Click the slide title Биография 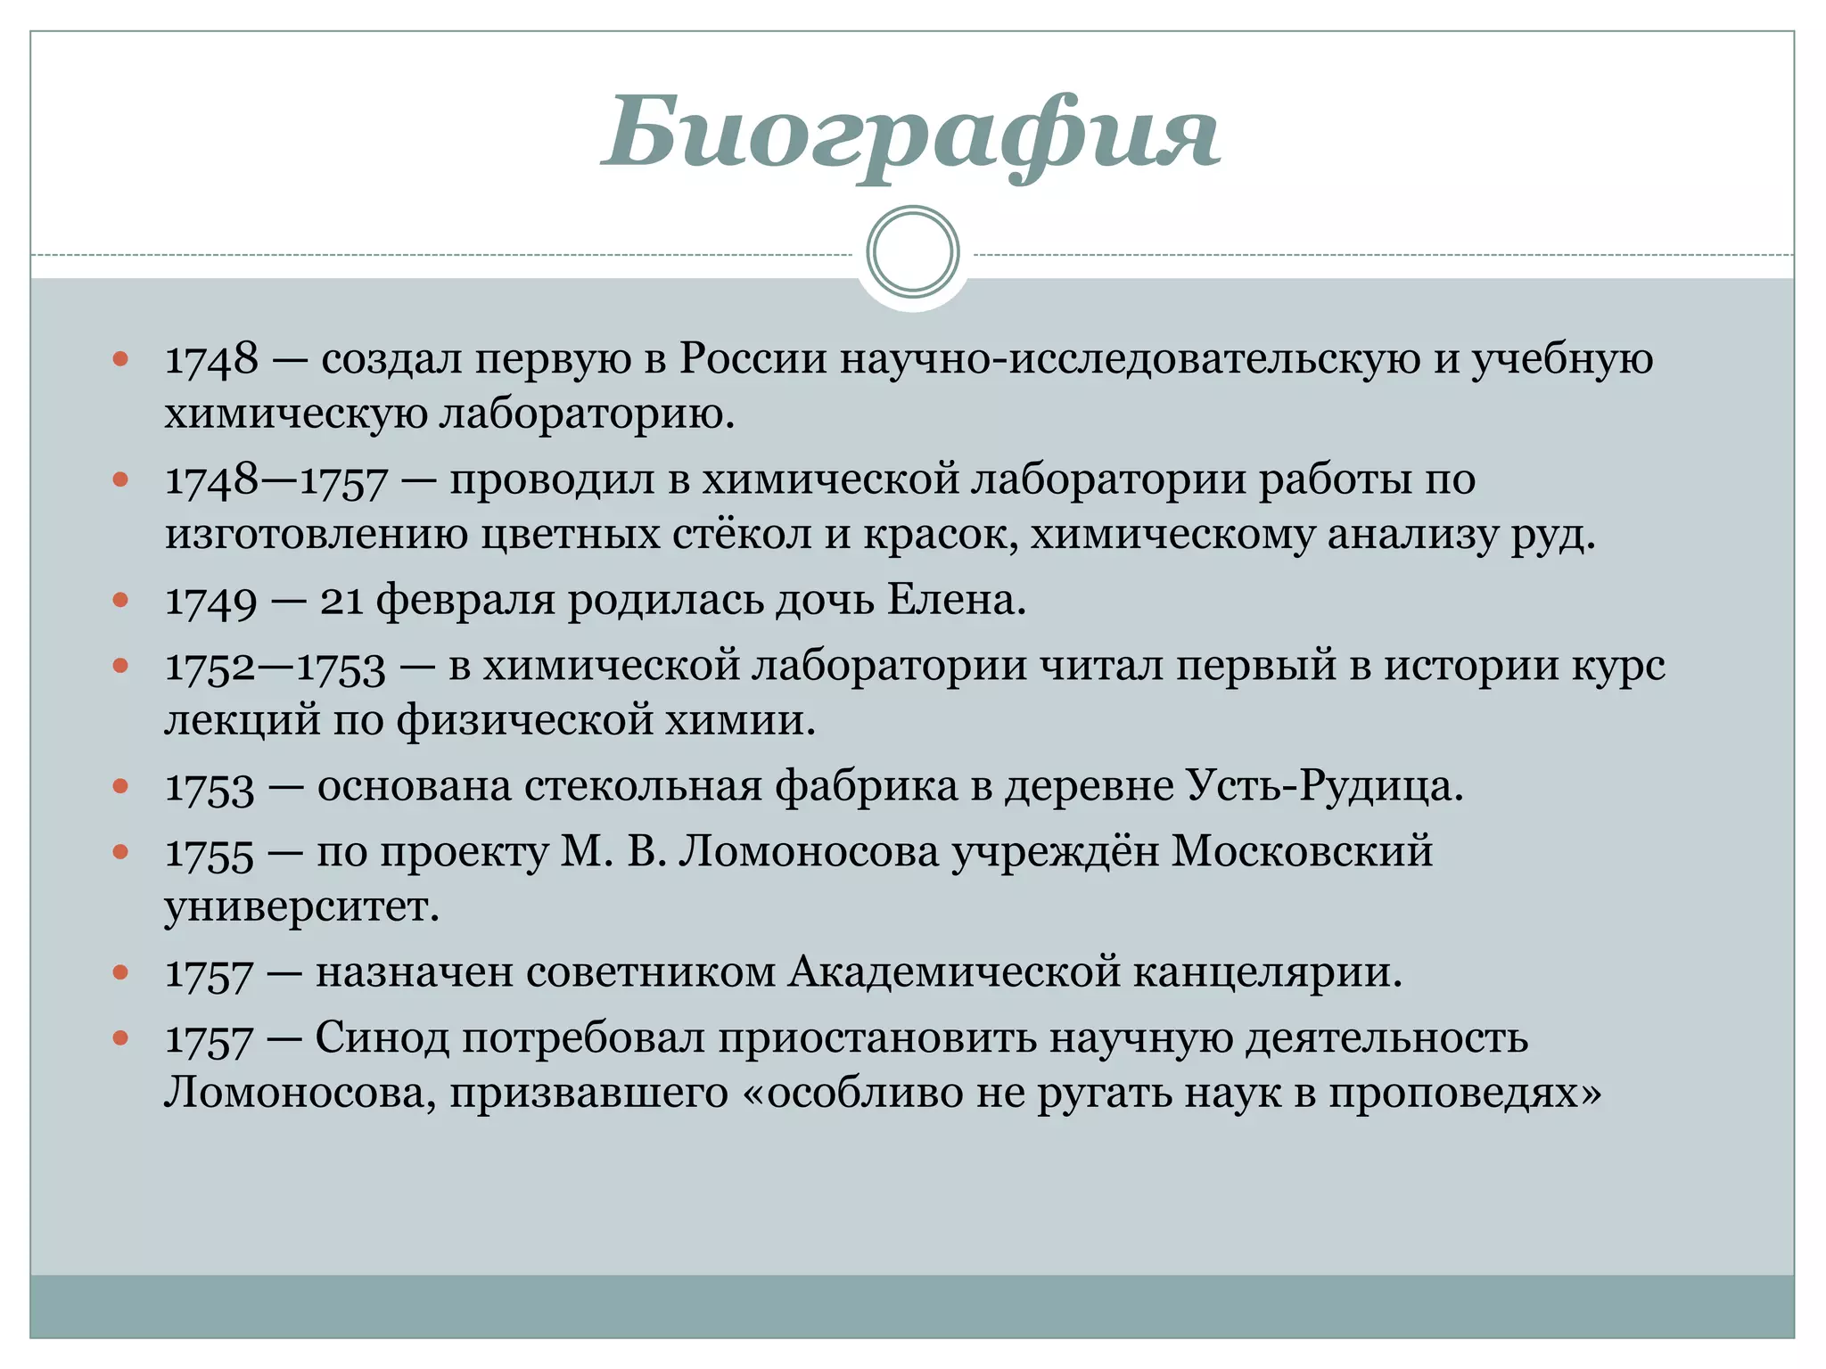911,134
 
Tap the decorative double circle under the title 912,252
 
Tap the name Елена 956,601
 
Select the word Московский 1302,852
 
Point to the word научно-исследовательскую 1130,359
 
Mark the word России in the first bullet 753,359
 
